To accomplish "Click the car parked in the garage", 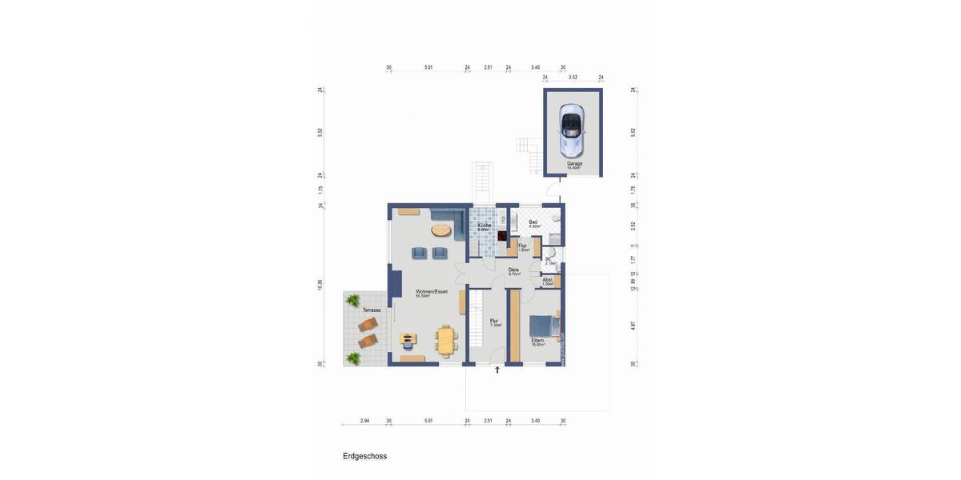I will coord(571,129).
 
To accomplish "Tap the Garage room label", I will coord(574,163).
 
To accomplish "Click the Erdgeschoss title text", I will coord(364,456).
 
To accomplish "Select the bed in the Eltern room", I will coord(543,326).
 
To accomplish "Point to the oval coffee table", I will coord(441,230).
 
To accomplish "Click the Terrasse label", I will coord(372,310).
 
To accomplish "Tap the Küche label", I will coord(485,226).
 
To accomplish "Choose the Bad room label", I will coord(533,222).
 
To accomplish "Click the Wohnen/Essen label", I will coord(432,292).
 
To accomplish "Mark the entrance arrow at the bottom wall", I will coord(497,370).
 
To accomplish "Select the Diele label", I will coord(513,270).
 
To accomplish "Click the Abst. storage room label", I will coord(548,280).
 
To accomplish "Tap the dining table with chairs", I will coord(445,339).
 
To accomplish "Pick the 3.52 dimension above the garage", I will coord(573,78).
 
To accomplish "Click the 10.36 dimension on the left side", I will coord(320,284).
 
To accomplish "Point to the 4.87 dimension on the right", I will coord(633,326).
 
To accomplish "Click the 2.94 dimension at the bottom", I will coord(364,420).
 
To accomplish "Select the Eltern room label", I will coord(537,340).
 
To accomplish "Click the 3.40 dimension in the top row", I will coord(535,68).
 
